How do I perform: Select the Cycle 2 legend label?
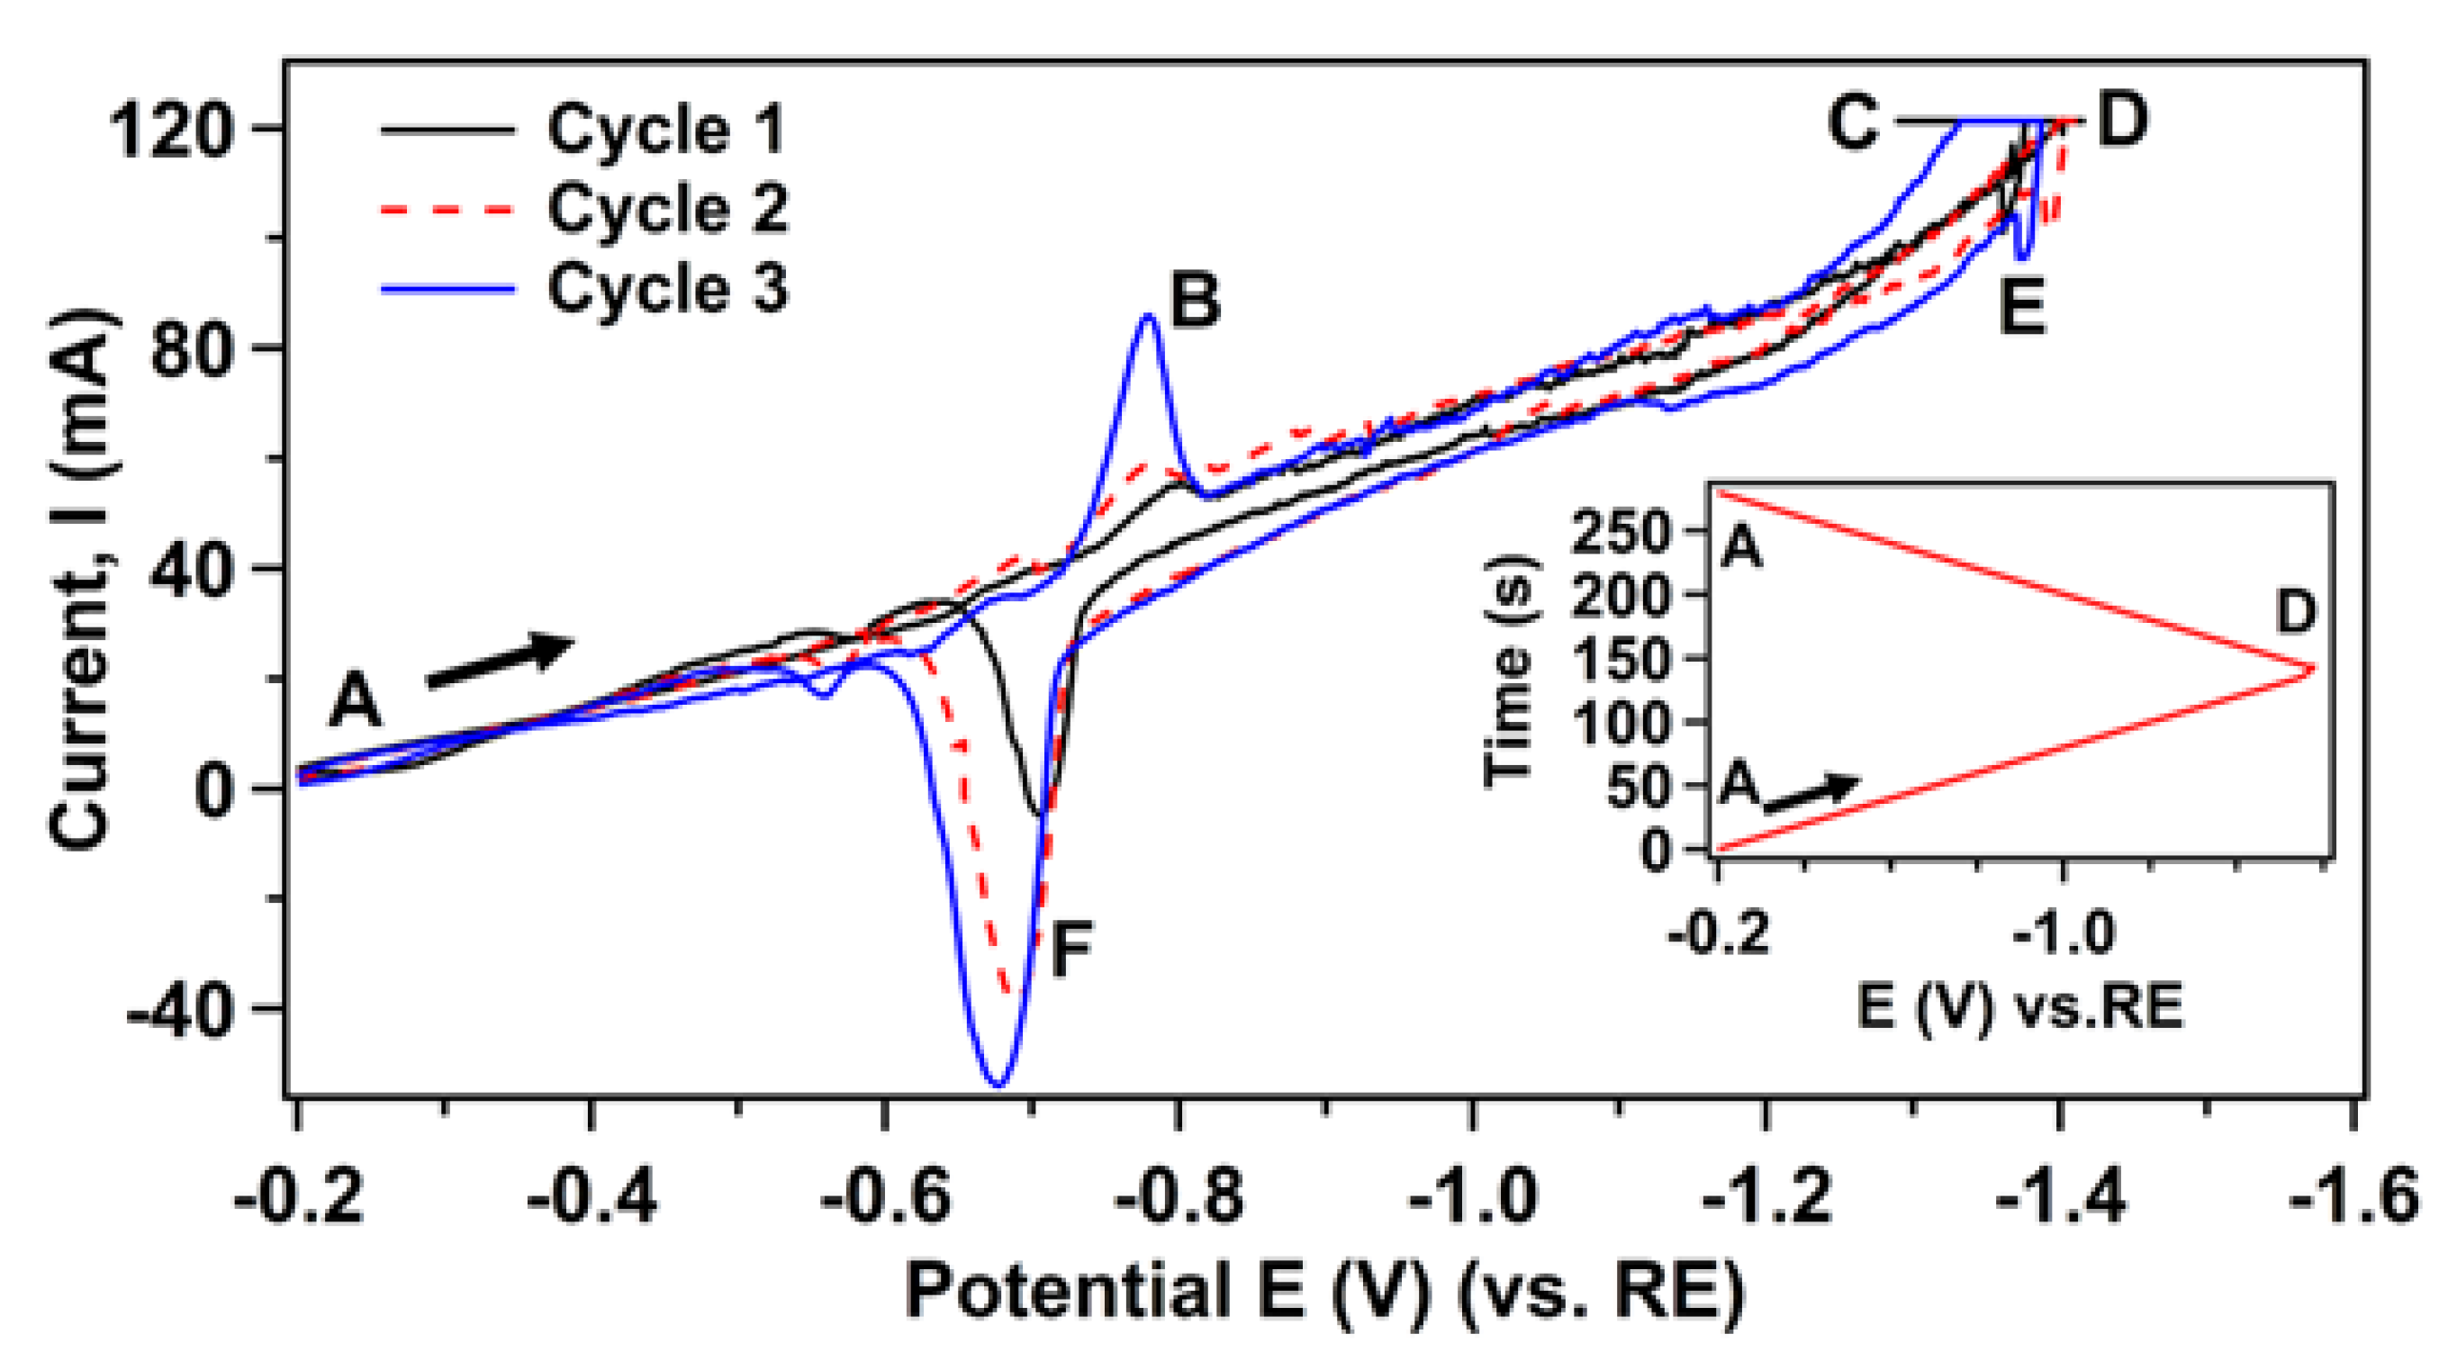(x=665, y=208)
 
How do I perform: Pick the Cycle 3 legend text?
(x=665, y=287)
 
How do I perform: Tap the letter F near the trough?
(x=1070, y=950)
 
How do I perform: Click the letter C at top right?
(x=1852, y=123)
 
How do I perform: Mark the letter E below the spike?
(x=2021, y=306)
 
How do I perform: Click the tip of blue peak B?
(x=1149, y=316)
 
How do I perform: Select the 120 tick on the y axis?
(x=172, y=131)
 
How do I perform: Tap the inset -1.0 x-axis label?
(x=2062, y=933)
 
